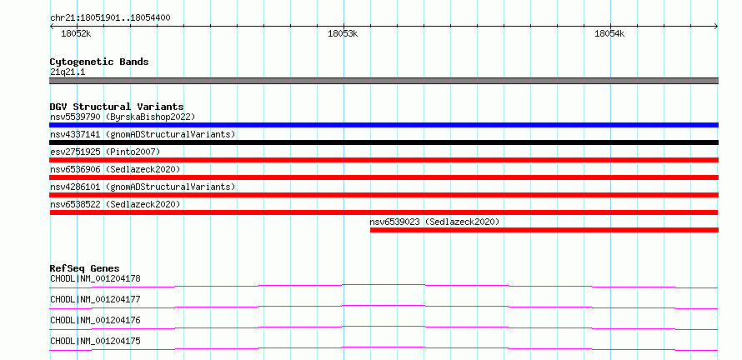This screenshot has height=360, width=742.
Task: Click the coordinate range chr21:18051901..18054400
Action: [x=110, y=18]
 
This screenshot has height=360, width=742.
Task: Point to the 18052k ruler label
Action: [x=76, y=33]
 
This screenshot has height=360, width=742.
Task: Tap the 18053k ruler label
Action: [x=343, y=33]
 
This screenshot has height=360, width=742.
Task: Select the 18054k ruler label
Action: [x=610, y=33]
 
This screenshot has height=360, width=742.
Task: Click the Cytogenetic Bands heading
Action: [x=99, y=62]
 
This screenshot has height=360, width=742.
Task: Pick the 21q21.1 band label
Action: [x=68, y=72]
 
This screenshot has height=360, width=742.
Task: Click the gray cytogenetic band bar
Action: [x=384, y=81]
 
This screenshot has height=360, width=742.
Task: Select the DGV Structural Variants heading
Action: [x=117, y=107]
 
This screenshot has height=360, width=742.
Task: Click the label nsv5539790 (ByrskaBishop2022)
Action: [x=123, y=117]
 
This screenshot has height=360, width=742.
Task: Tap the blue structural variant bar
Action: [x=384, y=125]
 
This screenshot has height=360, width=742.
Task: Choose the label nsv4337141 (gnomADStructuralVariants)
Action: [x=143, y=134]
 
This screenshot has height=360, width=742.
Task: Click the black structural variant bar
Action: [x=384, y=142]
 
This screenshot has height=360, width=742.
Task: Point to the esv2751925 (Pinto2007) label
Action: [x=105, y=152]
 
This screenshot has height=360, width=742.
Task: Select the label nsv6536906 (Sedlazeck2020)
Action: [x=115, y=169]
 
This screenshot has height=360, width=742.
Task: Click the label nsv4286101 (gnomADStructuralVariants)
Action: [x=143, y=187]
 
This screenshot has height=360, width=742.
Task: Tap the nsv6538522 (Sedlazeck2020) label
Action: [x=115, y=204]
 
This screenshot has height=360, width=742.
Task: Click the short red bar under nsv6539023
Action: [x=544, y=230]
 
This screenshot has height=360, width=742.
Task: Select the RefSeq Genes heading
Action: [x=85, y=268]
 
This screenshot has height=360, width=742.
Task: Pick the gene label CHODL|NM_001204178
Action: [x=95, y=278]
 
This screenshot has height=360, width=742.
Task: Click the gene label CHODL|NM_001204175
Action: [x=95, y=341]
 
